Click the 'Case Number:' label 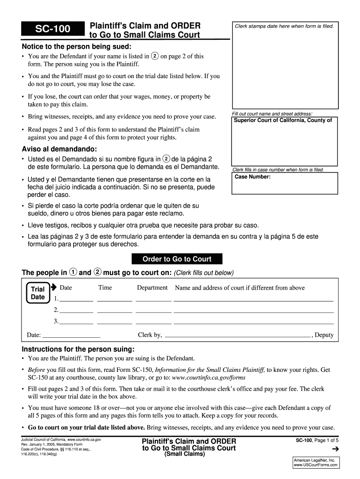tap(252, 177)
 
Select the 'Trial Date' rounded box tap(37, 293)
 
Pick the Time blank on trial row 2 tap(115, 311)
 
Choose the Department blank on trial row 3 tap(153, 322)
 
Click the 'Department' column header tap(152, 288)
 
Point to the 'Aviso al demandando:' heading tap(59, 149)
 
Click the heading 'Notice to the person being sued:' tap(77, 47)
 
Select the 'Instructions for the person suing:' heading tap(78, 349)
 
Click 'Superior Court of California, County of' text tap(283, 120)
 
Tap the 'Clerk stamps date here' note tap(284, 26)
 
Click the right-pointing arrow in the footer tap(334, 450)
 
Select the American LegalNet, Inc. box tap(315, 463)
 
